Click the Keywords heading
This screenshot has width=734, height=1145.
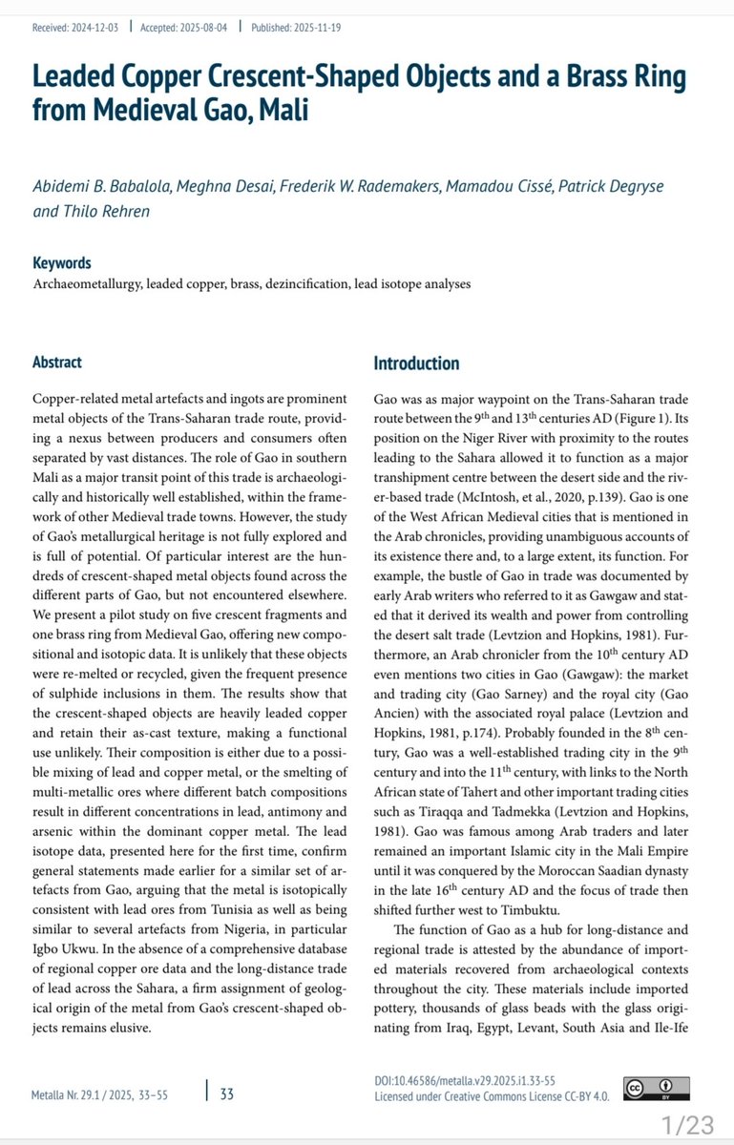(x=62, y=263)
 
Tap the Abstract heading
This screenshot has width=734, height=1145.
(x=57, y=363)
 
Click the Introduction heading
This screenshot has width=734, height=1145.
(x=416, y=364)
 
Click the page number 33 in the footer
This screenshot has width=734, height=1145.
(x=227, y=1114)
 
